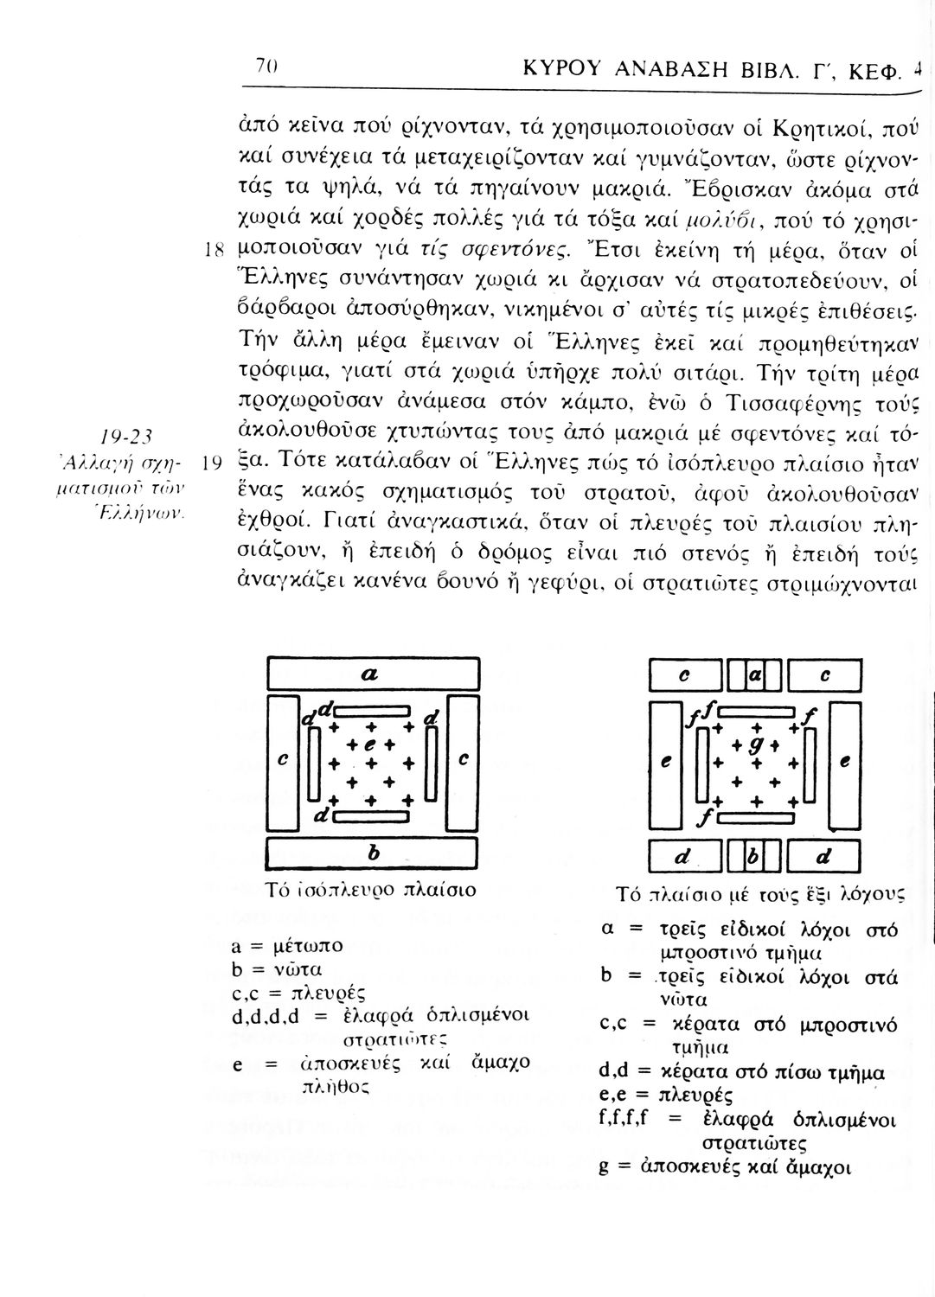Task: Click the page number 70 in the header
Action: pyautogui.click(x=265, y=67)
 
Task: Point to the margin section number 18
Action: pyautogui.click(x=215, y=254)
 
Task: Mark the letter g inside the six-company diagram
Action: pyautogui.click(x=759, y=744)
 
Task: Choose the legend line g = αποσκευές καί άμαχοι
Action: pyautogui.click(x=725, y=1167)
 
